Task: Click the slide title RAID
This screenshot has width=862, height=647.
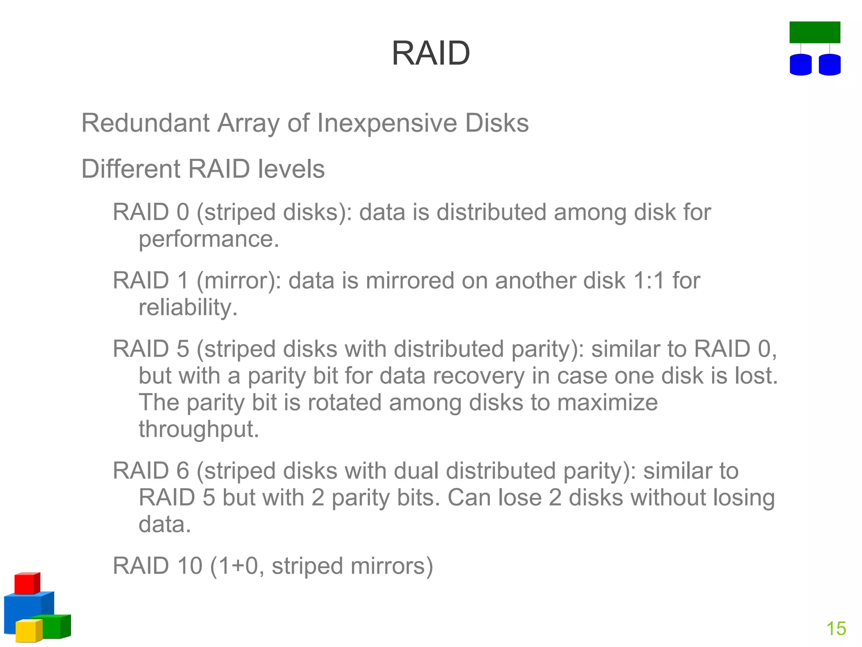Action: (x=431, y=53)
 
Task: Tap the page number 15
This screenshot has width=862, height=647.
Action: (x=836, y=628)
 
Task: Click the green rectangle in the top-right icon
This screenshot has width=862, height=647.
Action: (x=814, y=32)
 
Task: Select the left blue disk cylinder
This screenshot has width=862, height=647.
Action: (x=801, y=65)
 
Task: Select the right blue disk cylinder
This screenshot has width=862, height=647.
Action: (x=830, y=65)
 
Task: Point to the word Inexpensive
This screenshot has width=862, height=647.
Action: (x=387, y=123)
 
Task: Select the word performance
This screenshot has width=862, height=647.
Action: (x=209, y=239)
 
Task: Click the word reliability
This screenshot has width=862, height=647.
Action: (x=188, y=307)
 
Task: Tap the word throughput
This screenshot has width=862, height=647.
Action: (x=199, y=430)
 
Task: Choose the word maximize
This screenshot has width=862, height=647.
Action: (x=607, y=402)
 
